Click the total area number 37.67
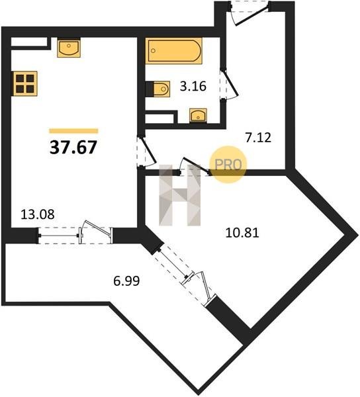pyautogui.click(x=73, y=147)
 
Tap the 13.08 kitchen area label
pyautogui.click(x=38, y=214)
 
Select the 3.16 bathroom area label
pyautogui.click(x=193, y=86)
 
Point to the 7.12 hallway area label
pyautogui.click(x=258, y=138)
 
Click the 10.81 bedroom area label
pyautogui.click(x=242, y=233)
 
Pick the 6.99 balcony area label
pyautogui.click(x=126, y=281)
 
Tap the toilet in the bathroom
pyautogui.click(x=157, y=89)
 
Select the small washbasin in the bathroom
pyautogui.click(x=199, y=116)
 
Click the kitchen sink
pyautogui.click(x=69, y=48)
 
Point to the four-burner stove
pyautogui.click(x=24, y=83)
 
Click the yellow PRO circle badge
pyautogui.click(x=228, y=165)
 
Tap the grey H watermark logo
pyautogui.click(x=179, y=195)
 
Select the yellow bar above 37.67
pyautogui.click(x=73, y=131)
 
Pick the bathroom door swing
pyautogui.click(x=229, y=84)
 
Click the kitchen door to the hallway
pyautogui.click(x=146, y=152)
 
